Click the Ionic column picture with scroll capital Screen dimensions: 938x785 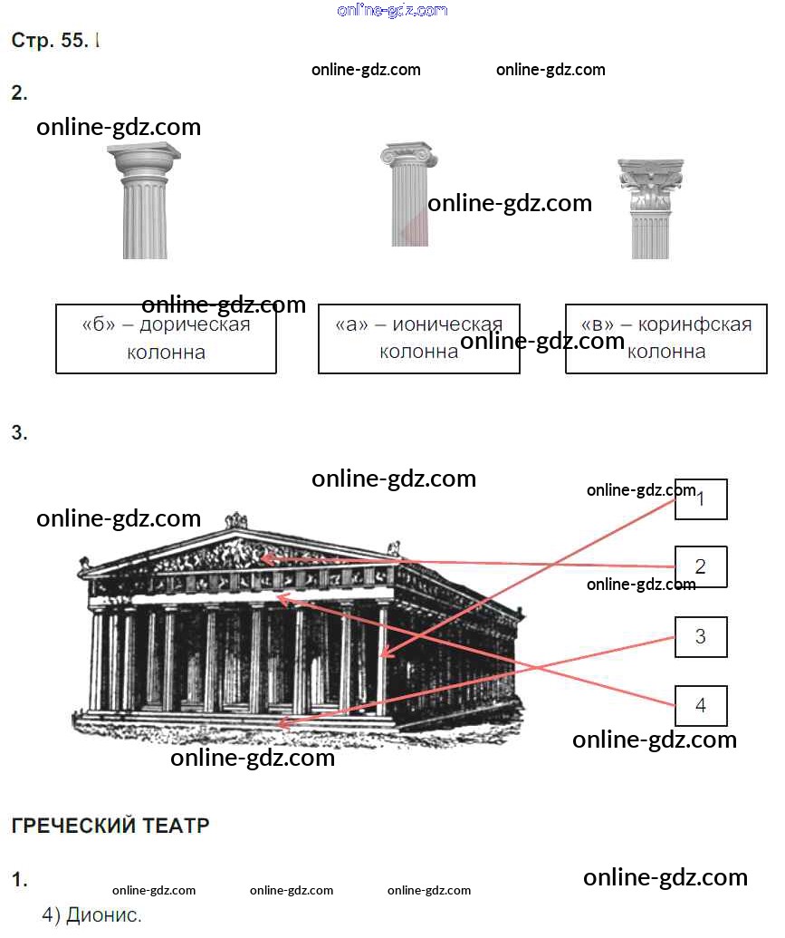408,194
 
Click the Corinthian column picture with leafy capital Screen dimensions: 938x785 650,208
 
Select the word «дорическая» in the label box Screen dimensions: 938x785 195,324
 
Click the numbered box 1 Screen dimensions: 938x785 701,498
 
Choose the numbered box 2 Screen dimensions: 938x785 701,567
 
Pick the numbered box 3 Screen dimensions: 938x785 701,636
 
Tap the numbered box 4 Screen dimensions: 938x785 701,705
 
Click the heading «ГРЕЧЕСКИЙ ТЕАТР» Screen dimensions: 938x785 110,826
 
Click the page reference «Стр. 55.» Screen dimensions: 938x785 50,41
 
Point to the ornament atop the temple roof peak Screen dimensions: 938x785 236,520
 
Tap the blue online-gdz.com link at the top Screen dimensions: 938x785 392,10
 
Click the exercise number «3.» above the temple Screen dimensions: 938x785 19,433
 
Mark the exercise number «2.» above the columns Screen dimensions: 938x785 19,92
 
